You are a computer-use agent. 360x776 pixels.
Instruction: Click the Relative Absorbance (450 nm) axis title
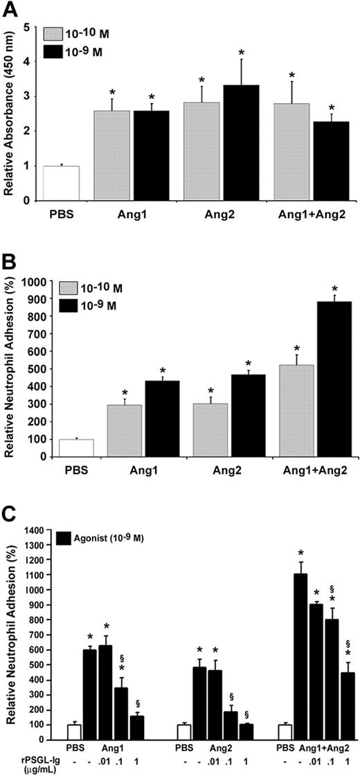(x=10, y=114)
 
